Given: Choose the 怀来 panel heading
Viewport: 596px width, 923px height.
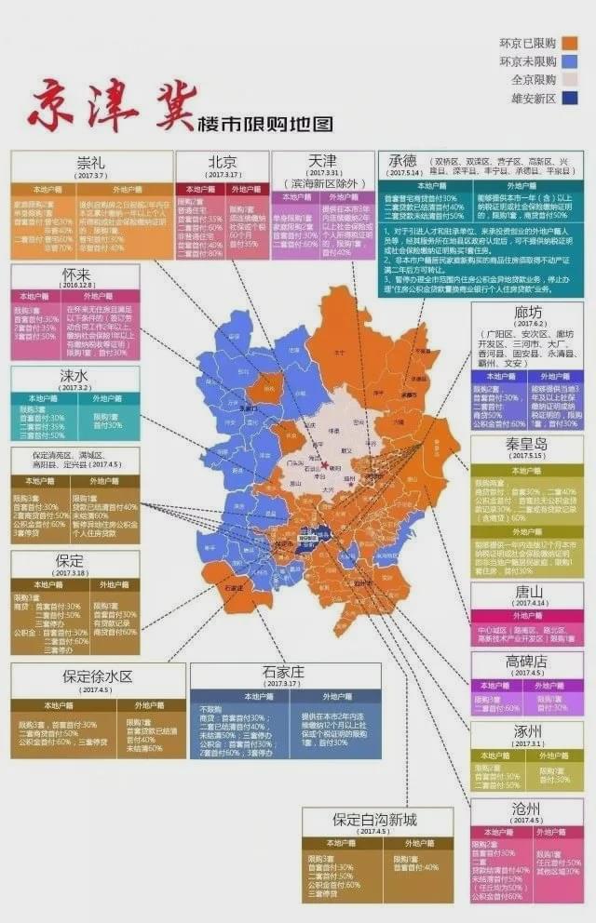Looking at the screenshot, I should click(x=75, y=275).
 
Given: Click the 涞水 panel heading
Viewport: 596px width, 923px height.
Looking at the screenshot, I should click(x=75, y=376).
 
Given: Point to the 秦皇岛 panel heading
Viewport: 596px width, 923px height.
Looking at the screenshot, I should click(x=527, y=445).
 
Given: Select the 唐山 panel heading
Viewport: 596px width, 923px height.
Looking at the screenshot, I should click(x=527, y=591).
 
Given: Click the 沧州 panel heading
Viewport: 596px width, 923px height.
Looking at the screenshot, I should click(x=527, y=809).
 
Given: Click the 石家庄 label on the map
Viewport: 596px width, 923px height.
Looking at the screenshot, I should click(x=235, y=587).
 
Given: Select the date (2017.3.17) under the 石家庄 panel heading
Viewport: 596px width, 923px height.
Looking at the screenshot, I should click(x=284, y=684).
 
